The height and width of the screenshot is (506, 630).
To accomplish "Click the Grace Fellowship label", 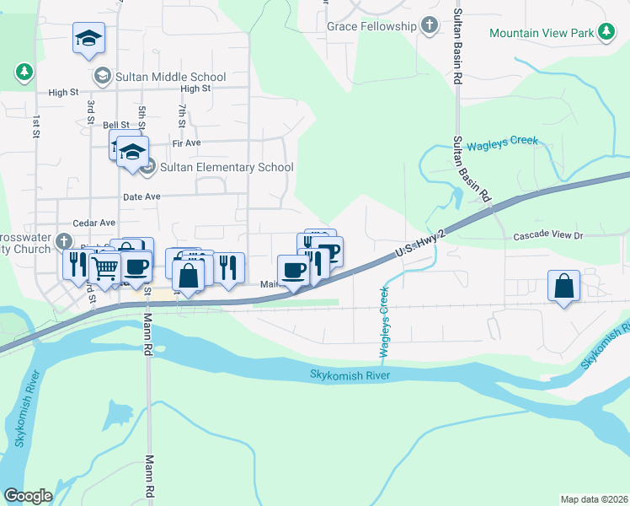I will pyautogui.click(x=371, y=26).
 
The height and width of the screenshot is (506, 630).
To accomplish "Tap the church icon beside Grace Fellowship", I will pyautogui.click(x=430, y=25).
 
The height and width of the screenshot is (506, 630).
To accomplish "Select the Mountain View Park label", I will pyautogui.click(x=542, y=33).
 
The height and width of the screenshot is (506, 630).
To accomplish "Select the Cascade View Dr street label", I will pyautogui.click(x=548, y=236).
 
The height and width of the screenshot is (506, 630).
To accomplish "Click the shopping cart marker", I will pyautogui.click(x=104, y=268).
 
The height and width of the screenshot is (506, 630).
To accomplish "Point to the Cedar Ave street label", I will pyautogui.click(x=94, y=223).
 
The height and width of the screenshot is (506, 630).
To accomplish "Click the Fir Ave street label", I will pyautogui.click(x=185, y=143).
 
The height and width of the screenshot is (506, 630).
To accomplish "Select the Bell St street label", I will pyautogui.click(x=115, y=125).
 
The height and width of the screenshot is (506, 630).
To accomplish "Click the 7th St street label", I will pyautogui.click(x=181, y=115).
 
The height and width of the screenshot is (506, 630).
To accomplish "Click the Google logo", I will pyautogui.click(x=29, y=495).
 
